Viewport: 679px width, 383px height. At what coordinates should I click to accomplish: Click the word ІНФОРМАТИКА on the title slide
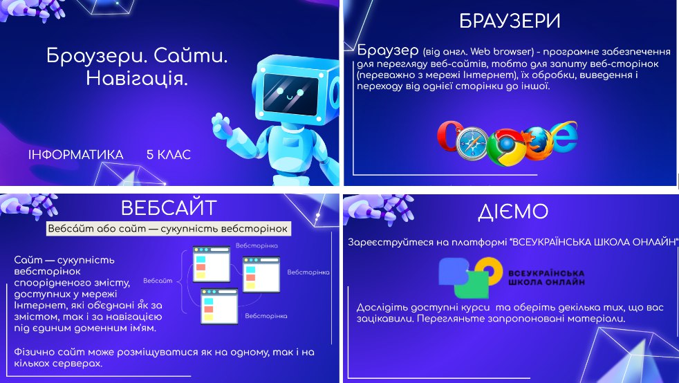(x=76, y=155)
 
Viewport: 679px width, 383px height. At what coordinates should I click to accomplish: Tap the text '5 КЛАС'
(x=168, y=155)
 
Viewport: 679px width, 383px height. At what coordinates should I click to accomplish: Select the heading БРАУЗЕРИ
(x=509, y=21)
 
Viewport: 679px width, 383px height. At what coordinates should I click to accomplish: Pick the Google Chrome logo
(x=503, y=147)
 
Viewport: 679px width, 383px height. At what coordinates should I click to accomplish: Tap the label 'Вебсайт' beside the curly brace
(x=157, y=281)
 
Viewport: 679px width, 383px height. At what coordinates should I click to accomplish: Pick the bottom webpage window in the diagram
(x=219, y=306)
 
